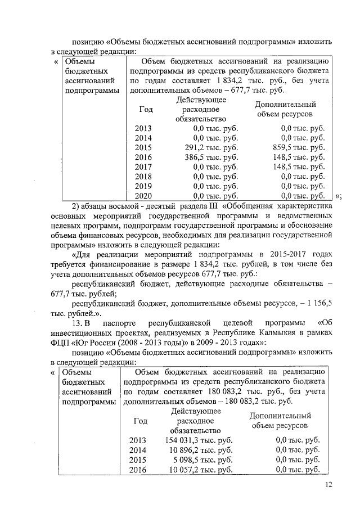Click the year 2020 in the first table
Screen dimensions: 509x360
click(143, 196)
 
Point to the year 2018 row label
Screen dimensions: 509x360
click(143, 176)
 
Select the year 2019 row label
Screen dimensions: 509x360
click(143, 186)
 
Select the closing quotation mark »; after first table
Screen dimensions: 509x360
click(338, 196)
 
